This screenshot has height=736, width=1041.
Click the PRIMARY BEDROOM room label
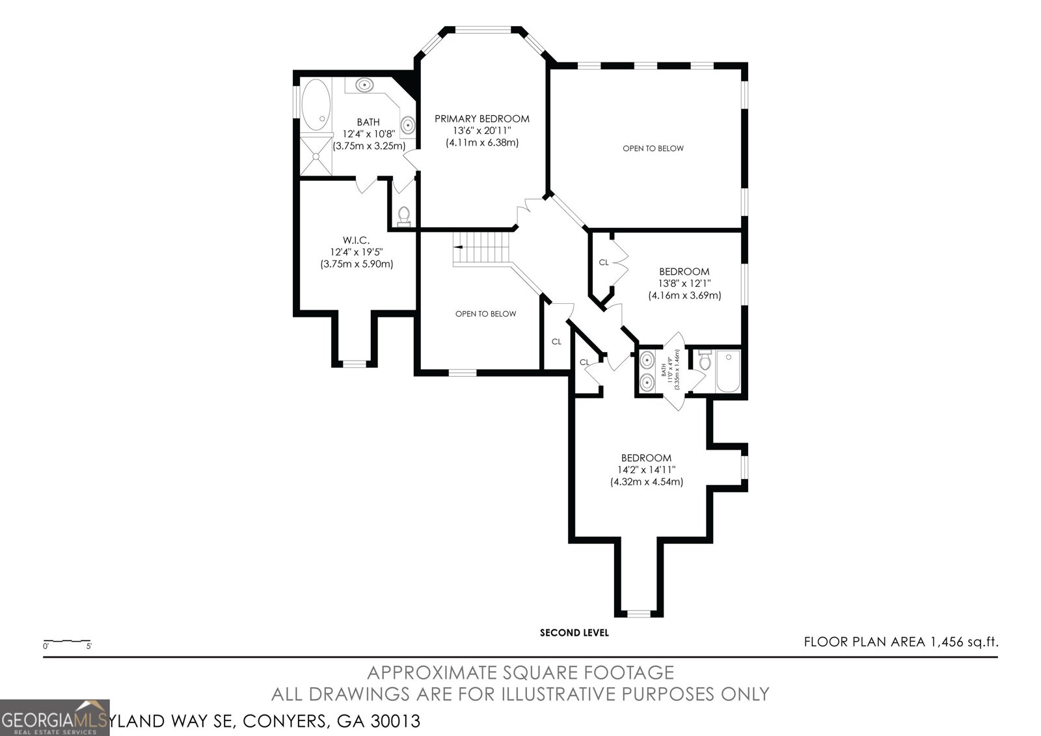[481, 118]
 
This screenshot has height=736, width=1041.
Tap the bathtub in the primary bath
[316, 104]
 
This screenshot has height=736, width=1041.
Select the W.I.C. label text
[357, 240]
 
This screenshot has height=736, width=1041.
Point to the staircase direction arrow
[458, 247]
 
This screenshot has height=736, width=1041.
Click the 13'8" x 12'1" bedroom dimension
[684, 283]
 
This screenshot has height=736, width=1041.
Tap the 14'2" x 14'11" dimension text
[646, 470]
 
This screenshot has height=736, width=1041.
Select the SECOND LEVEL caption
[575, 633]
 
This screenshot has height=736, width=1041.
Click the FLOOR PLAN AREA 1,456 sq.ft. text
[900, 642]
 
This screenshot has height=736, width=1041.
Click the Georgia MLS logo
[55, 718]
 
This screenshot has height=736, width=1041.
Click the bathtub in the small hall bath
[728, 372]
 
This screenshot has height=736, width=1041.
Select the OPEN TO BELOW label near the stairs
[485, 314]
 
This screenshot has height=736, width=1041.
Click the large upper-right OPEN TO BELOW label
[653, 148]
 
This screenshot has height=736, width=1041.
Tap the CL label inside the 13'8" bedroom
[603, 263]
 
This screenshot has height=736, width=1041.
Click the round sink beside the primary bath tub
[364, 85]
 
